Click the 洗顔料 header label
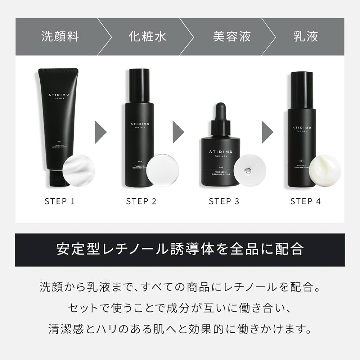60,36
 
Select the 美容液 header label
232,36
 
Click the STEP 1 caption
60,201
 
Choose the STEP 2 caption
141,201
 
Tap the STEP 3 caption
224,201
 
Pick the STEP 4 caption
306,201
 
